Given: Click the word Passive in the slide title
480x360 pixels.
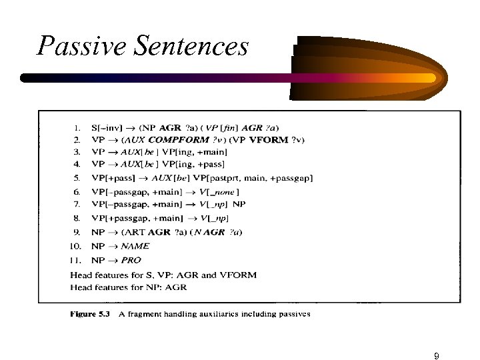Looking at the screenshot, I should click(x=73, y=46).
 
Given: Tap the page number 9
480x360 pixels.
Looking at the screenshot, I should click(x=436, y=338).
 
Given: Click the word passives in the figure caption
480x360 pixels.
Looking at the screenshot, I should click(x=291, y=313).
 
